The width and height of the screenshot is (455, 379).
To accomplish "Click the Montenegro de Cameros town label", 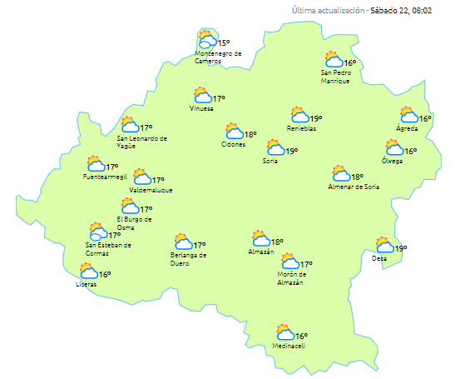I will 218,57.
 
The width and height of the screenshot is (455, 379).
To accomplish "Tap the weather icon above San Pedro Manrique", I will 334,59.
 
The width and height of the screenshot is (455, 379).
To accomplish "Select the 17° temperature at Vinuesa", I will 220,99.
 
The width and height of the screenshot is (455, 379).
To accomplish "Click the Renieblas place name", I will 302,128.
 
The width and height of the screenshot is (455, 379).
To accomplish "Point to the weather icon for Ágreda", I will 408,115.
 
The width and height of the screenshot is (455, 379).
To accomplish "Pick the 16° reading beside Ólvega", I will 411,152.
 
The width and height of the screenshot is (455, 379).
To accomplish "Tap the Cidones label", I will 233,145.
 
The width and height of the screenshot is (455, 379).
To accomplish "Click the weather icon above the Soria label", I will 274,149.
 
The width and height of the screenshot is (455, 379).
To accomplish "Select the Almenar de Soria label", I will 355,187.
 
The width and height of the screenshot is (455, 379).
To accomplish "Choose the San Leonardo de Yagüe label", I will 142,142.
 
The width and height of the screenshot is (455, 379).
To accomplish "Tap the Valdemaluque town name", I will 151,190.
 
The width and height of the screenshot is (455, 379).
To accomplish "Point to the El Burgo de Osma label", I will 134,223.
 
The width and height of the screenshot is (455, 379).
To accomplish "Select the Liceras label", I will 86,285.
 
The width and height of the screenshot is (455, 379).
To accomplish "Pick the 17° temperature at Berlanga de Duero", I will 200,246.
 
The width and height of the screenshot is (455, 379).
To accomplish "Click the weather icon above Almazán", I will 261,239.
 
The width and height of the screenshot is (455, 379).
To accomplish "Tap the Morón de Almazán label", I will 292,277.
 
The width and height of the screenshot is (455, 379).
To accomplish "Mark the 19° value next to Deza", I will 401,248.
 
